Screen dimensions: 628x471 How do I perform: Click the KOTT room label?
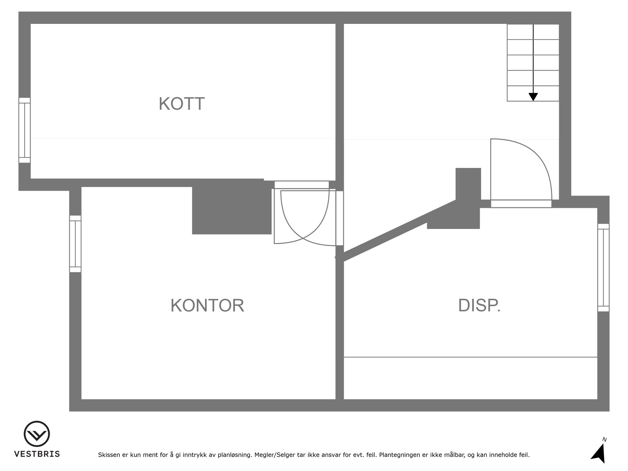point(182,104)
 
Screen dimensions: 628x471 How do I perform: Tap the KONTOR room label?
point(207,305)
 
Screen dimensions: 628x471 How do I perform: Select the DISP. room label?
point(480,305)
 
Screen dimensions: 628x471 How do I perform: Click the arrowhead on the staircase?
point(533,97)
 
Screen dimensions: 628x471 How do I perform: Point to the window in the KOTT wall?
point(25,130)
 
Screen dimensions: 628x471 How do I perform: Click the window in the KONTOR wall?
point(75,244)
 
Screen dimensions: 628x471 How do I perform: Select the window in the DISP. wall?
point(603,268)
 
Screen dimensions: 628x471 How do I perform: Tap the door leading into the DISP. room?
point(521,173)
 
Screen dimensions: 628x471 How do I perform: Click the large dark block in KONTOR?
point(232,207)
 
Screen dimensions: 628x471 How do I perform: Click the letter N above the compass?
point(604,440)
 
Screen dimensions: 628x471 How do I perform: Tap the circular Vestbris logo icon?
point(37,434)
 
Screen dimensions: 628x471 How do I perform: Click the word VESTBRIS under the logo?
point(37,454)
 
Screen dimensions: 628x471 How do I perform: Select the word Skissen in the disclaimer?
point(109,455)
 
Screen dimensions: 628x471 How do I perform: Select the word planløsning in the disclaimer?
point(235,455)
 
